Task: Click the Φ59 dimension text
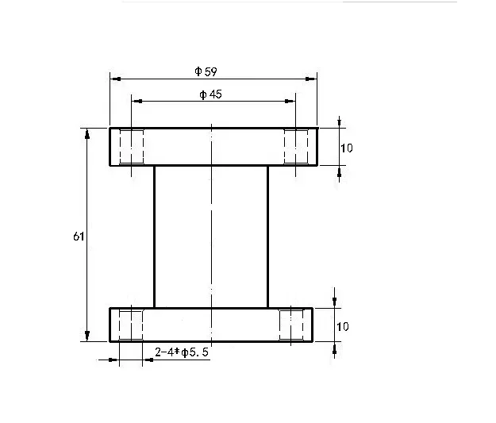(x=206, y=71)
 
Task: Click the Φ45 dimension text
(x=210, y=95)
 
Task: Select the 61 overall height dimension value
(x=78, y=236)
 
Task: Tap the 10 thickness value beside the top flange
(x=346, y=148)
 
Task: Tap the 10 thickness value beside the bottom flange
(x=344, y=326)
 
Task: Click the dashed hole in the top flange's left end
(x=131, y=147)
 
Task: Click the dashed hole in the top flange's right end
(x=296, y=147)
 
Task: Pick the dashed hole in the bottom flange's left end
(x=131, y=325)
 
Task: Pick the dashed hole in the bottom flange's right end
(x=292, y=325)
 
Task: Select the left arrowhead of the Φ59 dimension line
(x=114, y=79)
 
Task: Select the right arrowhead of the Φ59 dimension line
(x=313, y=79)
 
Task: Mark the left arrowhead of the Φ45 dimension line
(x=136, y=102)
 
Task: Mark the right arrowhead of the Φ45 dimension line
(x=290, y=102)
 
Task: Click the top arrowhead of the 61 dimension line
(x=87, y=133)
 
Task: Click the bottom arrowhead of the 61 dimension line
(x=87, y=336)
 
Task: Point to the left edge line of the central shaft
(x=154, y=236)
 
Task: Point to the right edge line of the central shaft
(x=268, y=236)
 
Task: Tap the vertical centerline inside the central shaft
(x=211, y=236)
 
